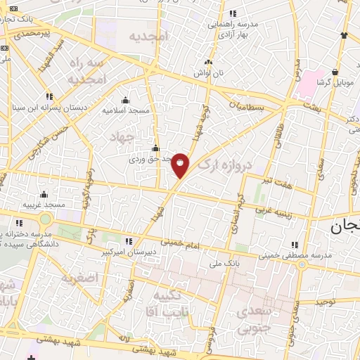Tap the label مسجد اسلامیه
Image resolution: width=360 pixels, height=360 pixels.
click(x=123, y=110)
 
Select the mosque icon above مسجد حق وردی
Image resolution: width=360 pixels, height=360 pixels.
click(x=155, y=148)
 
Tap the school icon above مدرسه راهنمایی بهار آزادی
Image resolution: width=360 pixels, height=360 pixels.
click(x=233, y=13)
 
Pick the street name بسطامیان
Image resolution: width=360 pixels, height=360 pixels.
click(x=249, y=106)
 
